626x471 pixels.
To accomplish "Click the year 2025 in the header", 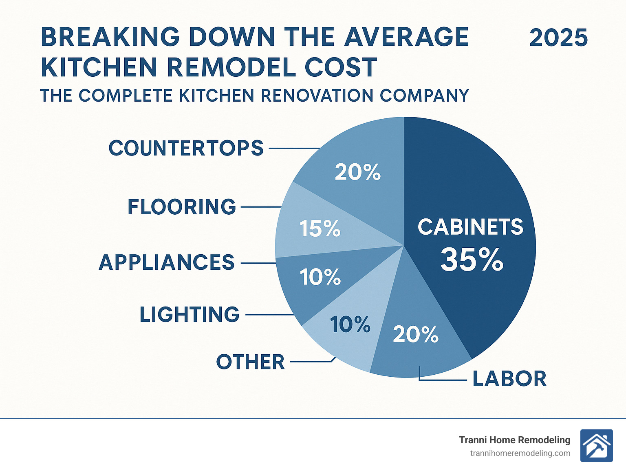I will click(558, 38).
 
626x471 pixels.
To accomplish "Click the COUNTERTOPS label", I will click(186, 148).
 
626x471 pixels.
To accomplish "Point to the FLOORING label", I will click(182, 207).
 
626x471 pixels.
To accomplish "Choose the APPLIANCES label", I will click(167, 262).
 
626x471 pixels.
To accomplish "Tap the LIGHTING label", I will click(190, 315).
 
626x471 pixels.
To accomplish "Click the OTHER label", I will click(250, 362).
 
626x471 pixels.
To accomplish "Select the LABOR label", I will click(509, 379).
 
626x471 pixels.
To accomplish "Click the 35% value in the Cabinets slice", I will click(472, 260).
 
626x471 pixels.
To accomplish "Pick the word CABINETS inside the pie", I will click(470, 227).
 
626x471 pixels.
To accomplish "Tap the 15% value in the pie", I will click(320, 229).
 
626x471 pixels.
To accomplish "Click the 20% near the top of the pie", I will click(357, 172).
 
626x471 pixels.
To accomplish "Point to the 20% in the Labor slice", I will click(415, 335).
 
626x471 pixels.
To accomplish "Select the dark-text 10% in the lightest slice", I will click(350, 325).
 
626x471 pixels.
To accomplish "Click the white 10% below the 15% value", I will click(320, 277).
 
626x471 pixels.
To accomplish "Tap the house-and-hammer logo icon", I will click(596, 446).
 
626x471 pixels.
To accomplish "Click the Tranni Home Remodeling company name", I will click(514, 440).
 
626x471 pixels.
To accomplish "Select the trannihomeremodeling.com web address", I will click(520, 453).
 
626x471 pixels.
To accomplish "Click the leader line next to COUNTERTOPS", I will click(294, 149).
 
